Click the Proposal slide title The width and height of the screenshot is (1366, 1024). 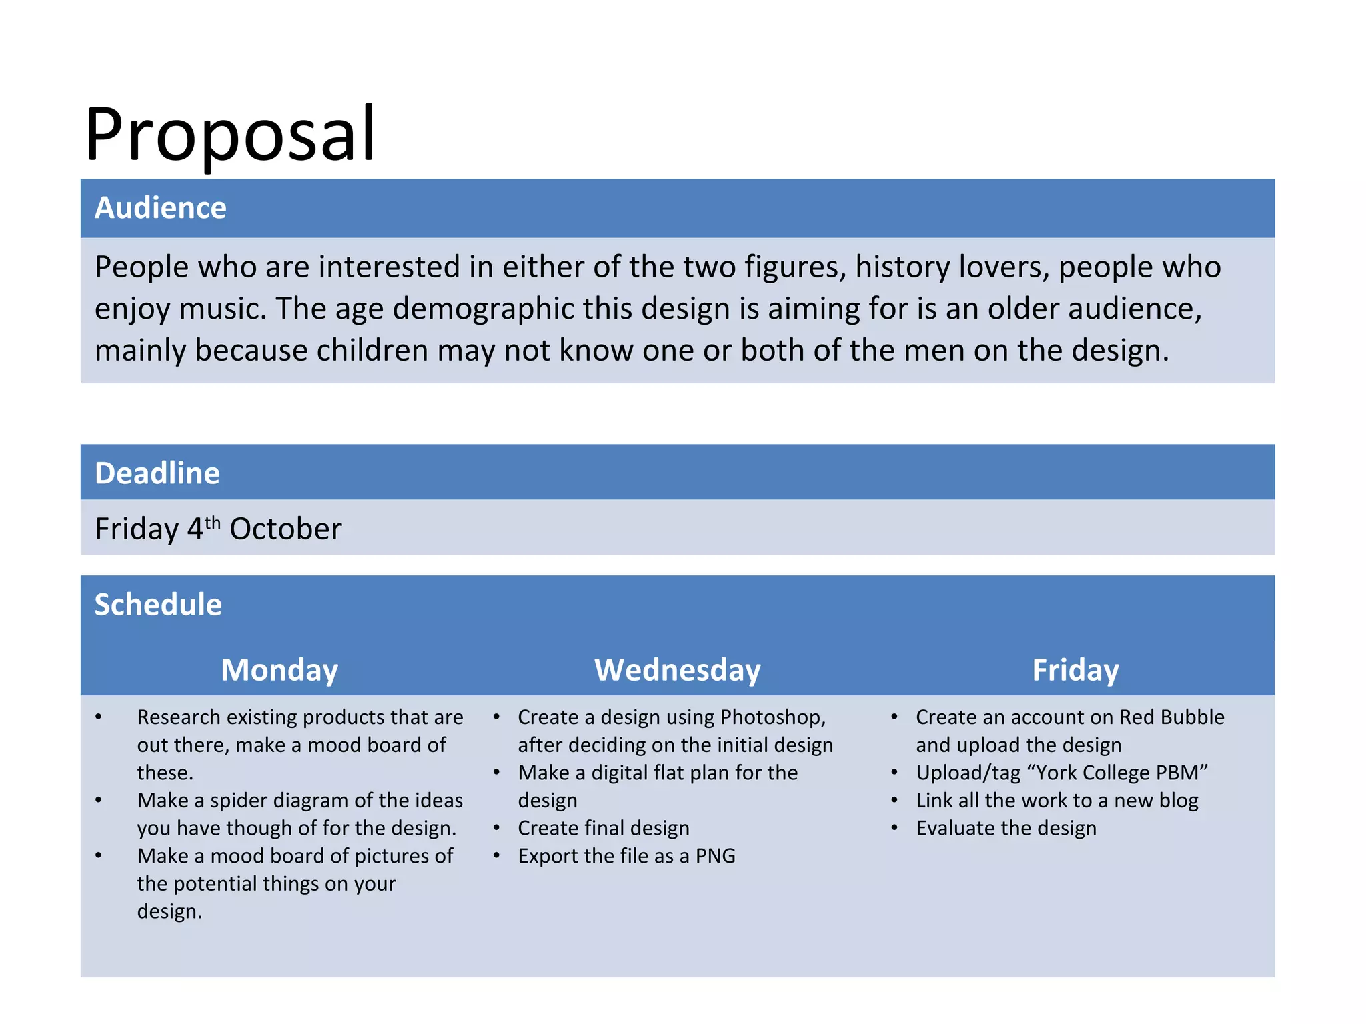pos(230,135)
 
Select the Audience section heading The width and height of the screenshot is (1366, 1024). pos(161,208)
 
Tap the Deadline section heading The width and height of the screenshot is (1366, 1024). pos(157,473)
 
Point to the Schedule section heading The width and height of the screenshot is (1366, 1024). pos(158,605)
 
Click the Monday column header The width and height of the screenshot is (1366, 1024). pos(279,670)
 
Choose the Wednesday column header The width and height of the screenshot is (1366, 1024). pos(678,670)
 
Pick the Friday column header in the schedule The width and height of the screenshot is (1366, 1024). pos(1075,670)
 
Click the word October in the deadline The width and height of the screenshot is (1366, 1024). pos(285,529)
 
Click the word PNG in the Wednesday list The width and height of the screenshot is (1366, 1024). pos(715,856)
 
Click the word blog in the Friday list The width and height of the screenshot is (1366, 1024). pos(1178,801)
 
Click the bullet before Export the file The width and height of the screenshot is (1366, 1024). pos(497,855)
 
